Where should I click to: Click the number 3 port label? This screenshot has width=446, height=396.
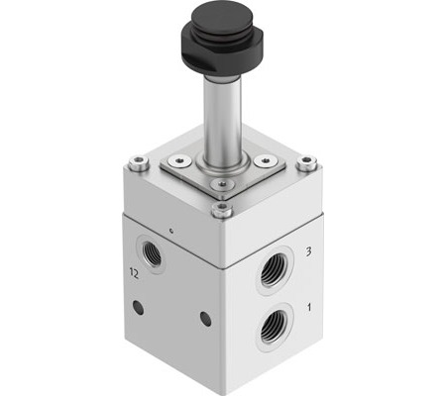pyautogui.click(x=308, y=252)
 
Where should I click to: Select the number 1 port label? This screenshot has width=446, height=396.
pyautogui.click(x=309, y=308)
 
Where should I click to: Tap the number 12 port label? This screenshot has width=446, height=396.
pyautogui.click(x=134, y=273)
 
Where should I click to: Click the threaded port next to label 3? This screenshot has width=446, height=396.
pyautogui.click(x=277, y=270)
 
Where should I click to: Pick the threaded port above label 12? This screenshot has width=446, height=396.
pyautogui.click(x=152, y=253)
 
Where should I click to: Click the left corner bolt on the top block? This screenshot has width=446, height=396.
pyautogui.click(x=139, y=163)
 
